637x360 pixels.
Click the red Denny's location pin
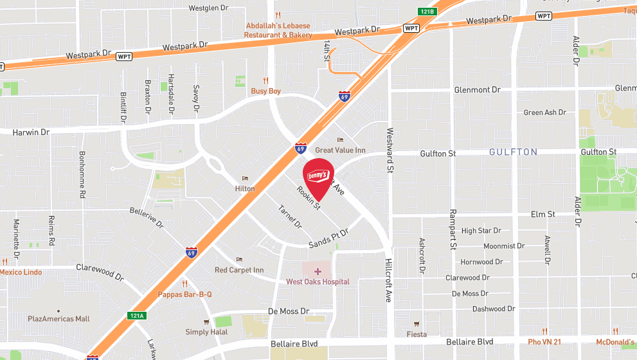point(318,175)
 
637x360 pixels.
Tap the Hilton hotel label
point(245,188)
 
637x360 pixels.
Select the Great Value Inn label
point(340,150)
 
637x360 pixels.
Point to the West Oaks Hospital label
point(318,282)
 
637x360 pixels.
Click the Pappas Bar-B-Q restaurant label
point(185,294)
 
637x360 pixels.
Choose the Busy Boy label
point(265,91)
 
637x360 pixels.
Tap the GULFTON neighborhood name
point(513,152)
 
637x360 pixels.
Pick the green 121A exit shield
point(136,316)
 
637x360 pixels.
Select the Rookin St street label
point(309,197)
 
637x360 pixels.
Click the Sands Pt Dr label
point(328,239)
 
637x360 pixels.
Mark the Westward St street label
point(390,150)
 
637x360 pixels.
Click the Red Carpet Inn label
point(239,270)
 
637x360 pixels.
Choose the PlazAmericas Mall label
point(58,319)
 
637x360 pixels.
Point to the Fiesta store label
point(417,334)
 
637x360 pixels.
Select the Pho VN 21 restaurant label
point(544,342)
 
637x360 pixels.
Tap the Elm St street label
point(543,214)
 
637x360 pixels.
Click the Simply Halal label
point(206,332)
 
